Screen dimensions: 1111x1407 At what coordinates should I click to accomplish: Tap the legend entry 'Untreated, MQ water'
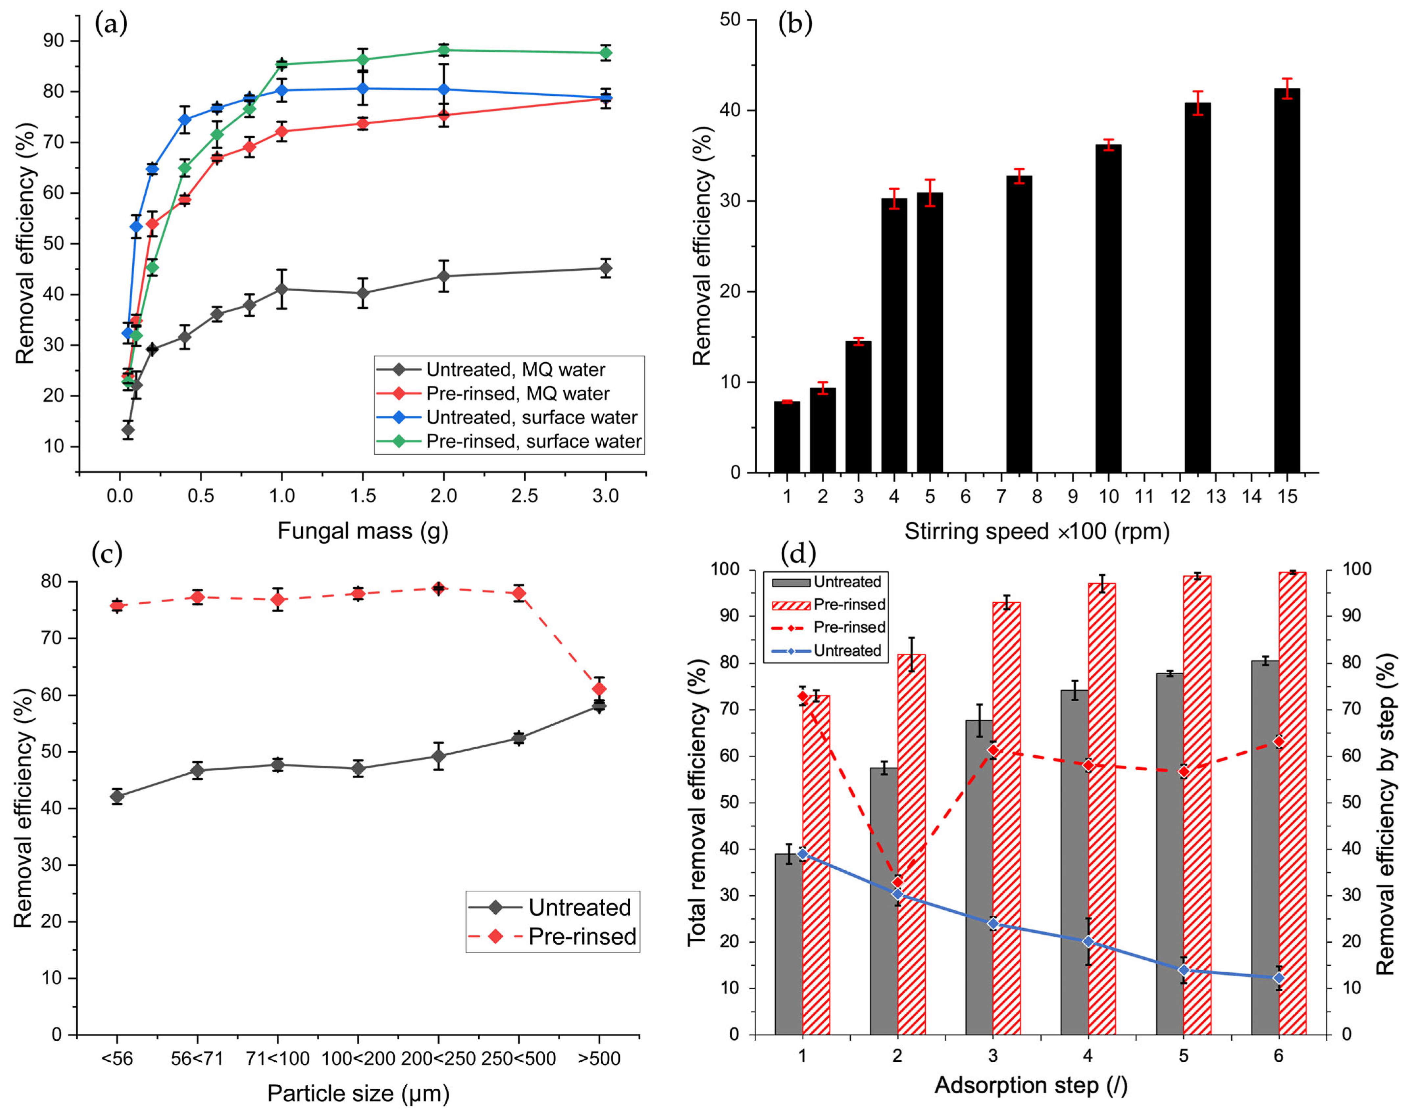[x=515, y=370]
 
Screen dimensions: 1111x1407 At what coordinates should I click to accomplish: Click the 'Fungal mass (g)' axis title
[x=363, y=531]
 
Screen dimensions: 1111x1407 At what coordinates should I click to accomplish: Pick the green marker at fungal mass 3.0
[x=605, y=53]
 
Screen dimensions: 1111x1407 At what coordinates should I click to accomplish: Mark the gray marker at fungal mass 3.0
[x=605, y=268]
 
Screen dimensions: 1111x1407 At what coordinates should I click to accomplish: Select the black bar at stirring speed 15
[x=1287, y=280]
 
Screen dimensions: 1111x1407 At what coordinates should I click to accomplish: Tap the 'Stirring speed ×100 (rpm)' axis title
[x=1037, y=531]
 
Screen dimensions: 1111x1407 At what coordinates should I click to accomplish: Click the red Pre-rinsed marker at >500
[x=599, y=689]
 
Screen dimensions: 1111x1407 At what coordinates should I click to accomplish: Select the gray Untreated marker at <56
[x=117, y=796]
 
